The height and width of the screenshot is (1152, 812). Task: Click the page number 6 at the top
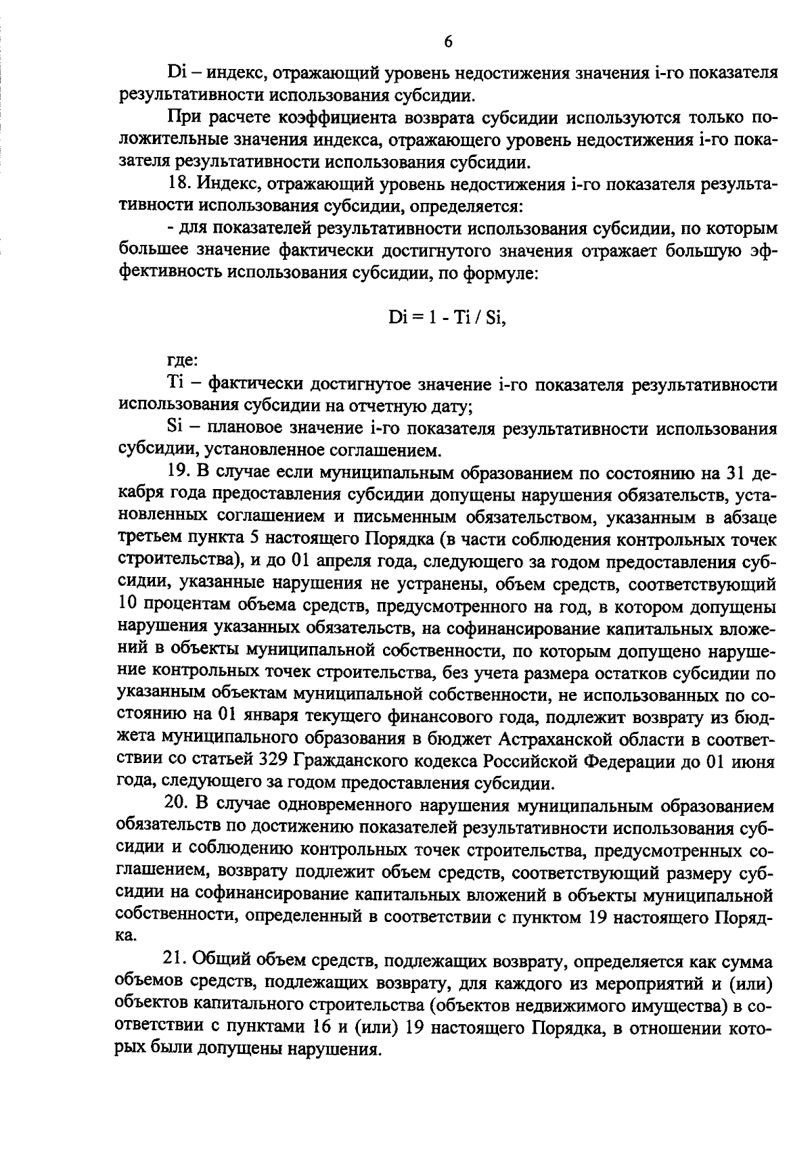click(x=448, y=43)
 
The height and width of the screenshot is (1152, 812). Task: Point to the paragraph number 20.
click(x=178, y=804)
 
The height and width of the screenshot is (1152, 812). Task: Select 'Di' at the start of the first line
click(x=176, y=72)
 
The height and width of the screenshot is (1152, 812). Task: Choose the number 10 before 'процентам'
click(x=129, y=605)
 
